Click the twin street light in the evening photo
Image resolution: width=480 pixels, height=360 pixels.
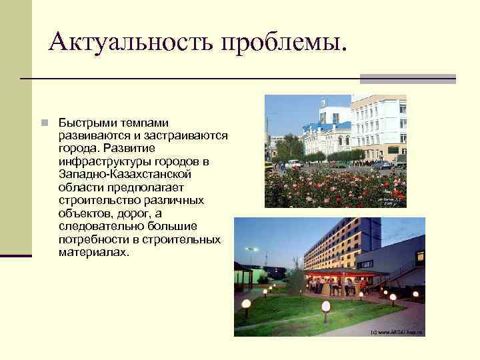[251, 251]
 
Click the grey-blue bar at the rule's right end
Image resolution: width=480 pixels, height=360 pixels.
[407, 79]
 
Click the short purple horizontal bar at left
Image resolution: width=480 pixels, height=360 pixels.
[15, 255]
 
